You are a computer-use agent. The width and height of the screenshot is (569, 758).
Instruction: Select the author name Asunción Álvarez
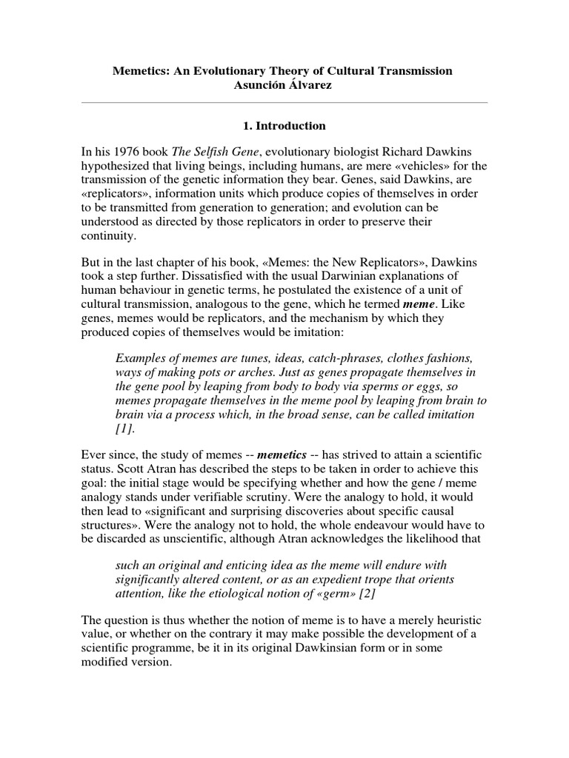click(x=282, y=85)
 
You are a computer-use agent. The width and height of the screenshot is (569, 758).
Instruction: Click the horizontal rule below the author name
click(x=284, y=102)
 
